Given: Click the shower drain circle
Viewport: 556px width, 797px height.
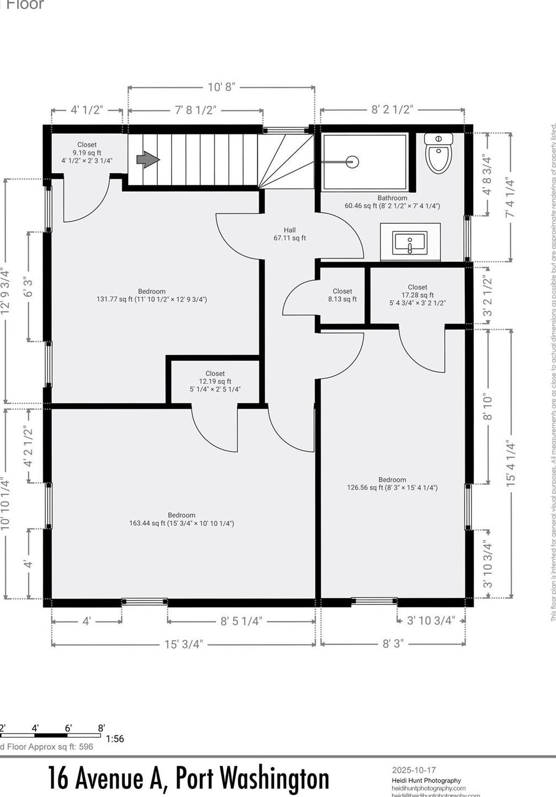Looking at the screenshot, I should [x=352, y=162].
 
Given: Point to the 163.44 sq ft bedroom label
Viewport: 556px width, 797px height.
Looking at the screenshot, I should [x=182, y=519].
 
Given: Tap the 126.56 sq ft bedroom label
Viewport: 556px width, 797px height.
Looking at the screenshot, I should [x=392, y=484].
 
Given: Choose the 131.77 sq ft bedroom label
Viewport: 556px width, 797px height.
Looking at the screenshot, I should [x=152, y=295].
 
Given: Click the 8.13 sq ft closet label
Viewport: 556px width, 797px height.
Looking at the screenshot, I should [x=342, y=295].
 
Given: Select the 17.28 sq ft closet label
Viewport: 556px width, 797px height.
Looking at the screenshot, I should [x=417, y=295].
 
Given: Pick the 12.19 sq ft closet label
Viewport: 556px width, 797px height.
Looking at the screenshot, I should [x=215, y=381].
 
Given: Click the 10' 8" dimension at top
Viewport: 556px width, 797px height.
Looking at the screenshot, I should [x=221, y=87].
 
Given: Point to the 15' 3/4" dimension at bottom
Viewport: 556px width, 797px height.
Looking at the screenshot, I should [x=184, y=644].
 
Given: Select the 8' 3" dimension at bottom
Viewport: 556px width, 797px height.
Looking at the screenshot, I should [x=393, y=644].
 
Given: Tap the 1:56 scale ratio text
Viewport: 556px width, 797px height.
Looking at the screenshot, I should [x=115, y=738].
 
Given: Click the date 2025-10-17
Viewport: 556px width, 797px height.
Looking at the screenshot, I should [x=414, y=770].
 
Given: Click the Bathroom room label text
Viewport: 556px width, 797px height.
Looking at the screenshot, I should [x=392, y=198].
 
